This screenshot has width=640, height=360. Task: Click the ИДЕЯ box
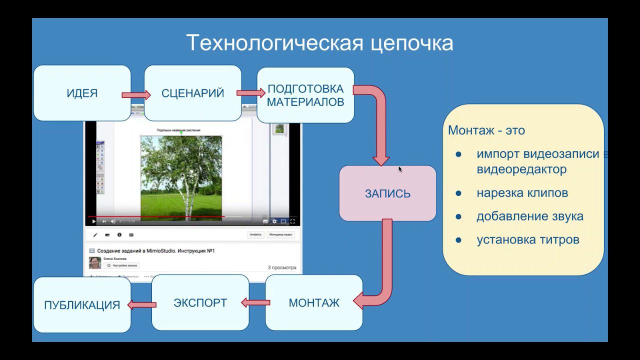click(82, 93)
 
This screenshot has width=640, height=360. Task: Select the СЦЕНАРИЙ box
click(192, 93)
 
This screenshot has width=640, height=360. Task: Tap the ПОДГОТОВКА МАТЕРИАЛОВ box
click(305, 95)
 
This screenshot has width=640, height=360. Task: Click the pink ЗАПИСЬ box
click(387, 193)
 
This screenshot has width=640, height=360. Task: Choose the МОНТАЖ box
click(314, 302)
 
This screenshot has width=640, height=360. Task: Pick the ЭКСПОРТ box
click(200, 302)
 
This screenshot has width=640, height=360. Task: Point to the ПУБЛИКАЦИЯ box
click(82, 305)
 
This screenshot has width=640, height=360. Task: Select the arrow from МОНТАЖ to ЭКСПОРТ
click(255, 302)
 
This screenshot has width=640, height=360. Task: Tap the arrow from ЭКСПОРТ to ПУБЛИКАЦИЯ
click(141, 304)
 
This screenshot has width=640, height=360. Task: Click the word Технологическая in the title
click(274, 43)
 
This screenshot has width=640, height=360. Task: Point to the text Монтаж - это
click(486, 130)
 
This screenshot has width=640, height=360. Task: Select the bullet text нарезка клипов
click(522, 193)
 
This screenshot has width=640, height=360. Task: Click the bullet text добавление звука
click(529, 216)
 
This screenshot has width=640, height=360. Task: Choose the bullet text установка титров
click(527, 240)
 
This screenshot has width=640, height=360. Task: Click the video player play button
click(93, 221)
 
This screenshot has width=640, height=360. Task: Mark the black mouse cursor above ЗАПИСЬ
click(400, 169)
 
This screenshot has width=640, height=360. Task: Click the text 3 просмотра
click(281, 267)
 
